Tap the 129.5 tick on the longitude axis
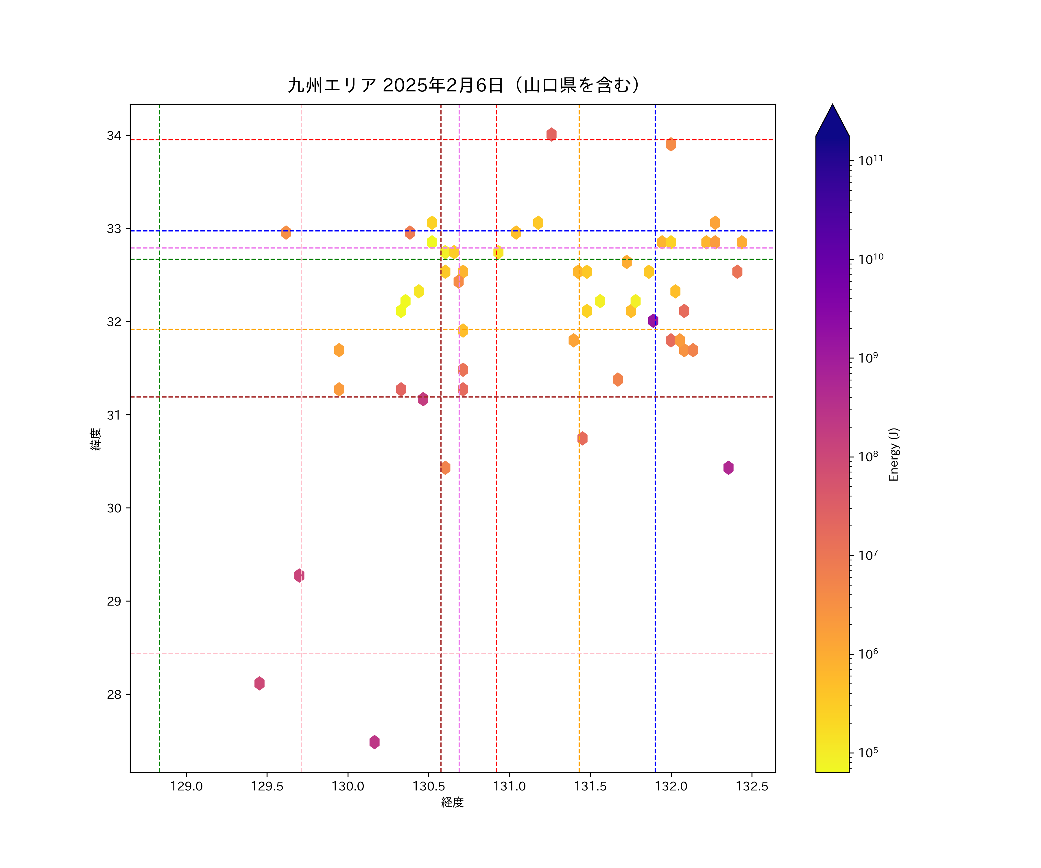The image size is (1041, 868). click(267, 787)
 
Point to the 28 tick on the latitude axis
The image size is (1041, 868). click(114, 694)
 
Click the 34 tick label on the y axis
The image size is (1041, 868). click(114, 135)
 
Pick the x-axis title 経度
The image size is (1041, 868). click(452, 803)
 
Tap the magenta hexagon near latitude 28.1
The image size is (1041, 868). click(259, 683)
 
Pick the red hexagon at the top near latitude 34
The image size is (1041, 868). click(551, 134)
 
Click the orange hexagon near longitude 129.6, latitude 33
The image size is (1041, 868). click(286, 232)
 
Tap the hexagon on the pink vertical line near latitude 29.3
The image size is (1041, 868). click(299, 575)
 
